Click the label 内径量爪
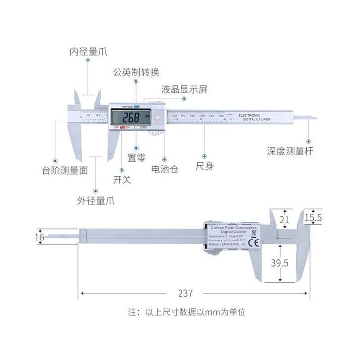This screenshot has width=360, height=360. (x=88, y=51)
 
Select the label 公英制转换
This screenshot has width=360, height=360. (x=136, y=72)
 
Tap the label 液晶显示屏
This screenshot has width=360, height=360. (x=184, y=90)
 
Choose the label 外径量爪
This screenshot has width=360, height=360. (x=96, y=200)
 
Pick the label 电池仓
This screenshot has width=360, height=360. (x=165, y=169)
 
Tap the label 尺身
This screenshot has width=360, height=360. (x=205, y=166)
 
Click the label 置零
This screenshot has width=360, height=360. (x=135, y=158)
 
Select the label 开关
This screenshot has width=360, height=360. (x=122, y=180)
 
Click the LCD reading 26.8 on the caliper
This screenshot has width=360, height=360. (x=131, y=118)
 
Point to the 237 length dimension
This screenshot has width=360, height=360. (x=186, y=293)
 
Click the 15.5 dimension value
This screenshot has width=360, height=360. (x=313, y=217)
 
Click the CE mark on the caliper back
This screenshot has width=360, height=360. (x=251, y=243)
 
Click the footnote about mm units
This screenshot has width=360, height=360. (x=187, y=313)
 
